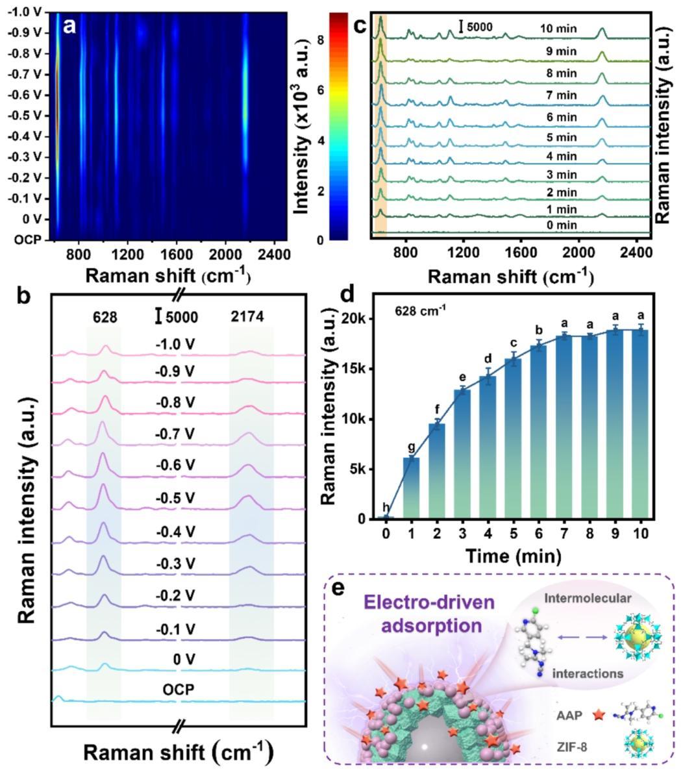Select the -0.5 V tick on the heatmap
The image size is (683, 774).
(x=27, y=116)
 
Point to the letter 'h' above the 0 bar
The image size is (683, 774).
(x=386, y=508)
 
